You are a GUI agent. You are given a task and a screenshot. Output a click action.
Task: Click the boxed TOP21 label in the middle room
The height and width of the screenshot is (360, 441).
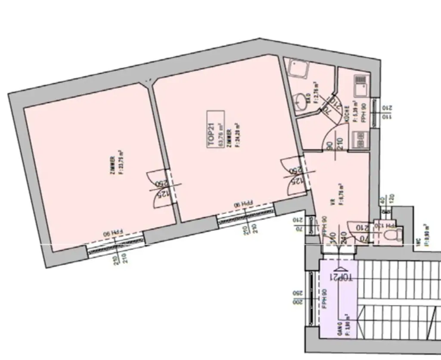[216, 130]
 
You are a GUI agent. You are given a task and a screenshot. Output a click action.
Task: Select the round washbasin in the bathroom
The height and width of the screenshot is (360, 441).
[301, 101]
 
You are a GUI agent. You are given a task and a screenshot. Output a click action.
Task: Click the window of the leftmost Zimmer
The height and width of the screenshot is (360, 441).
[115, 244]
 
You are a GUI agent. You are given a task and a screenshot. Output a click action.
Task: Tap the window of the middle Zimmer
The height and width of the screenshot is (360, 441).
[246, 216]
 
